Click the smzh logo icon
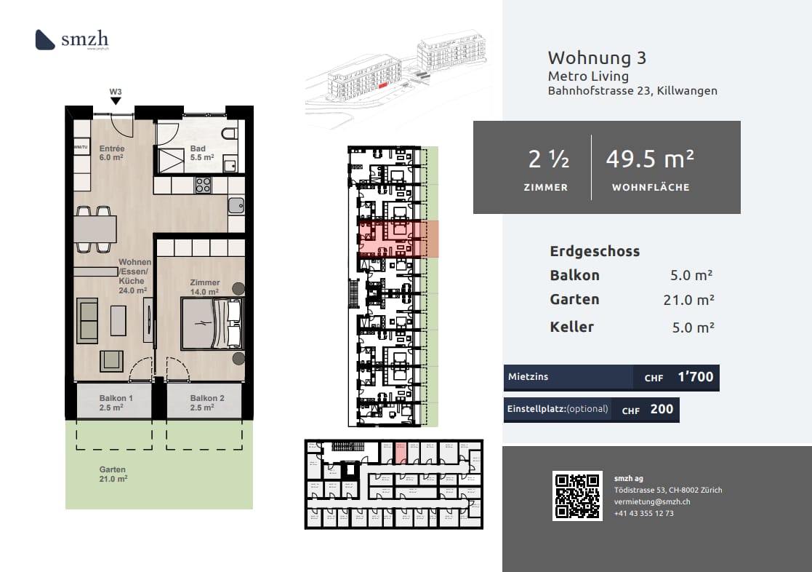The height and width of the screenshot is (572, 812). pos(45,39)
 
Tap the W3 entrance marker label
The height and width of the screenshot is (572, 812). pos(116,92)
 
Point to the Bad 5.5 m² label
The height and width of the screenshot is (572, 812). pos(201,153)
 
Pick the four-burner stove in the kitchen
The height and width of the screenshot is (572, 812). pos(203,185)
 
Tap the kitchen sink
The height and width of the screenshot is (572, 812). pos(236,205)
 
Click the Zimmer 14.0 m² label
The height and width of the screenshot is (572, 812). pos(204,287)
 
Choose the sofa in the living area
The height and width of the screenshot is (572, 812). pos(88,320)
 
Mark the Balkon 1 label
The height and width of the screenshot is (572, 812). pos(116,402)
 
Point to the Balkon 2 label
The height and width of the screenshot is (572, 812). pos(207,402)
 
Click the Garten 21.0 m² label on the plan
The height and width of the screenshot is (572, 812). pos(113,474)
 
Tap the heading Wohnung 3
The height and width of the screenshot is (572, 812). pos(597,57)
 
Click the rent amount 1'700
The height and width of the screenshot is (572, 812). pos(695,377)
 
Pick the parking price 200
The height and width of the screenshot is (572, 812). pos(662,409)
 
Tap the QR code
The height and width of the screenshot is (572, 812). pos(577,496)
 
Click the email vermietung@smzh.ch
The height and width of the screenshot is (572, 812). pos(652,502)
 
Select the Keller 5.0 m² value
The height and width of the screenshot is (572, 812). pos(693,327)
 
